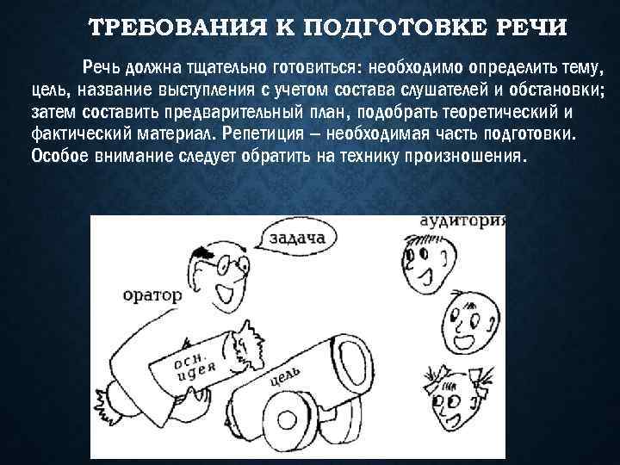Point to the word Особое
point(58,156)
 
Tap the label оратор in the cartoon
point(152,294)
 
